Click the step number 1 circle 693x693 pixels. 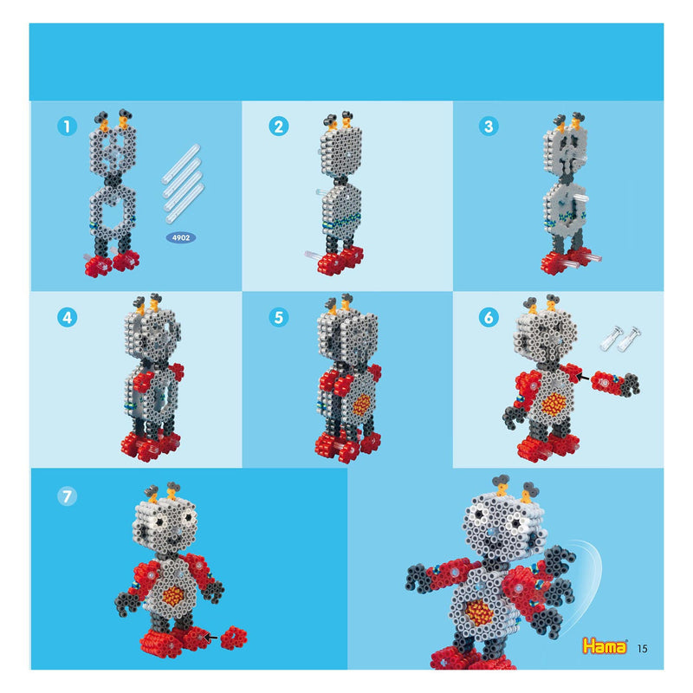click(65, 126)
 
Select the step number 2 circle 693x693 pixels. click(278, 126)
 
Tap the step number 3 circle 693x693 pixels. click(489, 126)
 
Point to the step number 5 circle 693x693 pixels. click(278, 317)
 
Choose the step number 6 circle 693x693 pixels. click(489, 317)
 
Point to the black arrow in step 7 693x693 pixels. click(211, 638)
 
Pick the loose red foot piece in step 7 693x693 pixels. click(234, 638)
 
